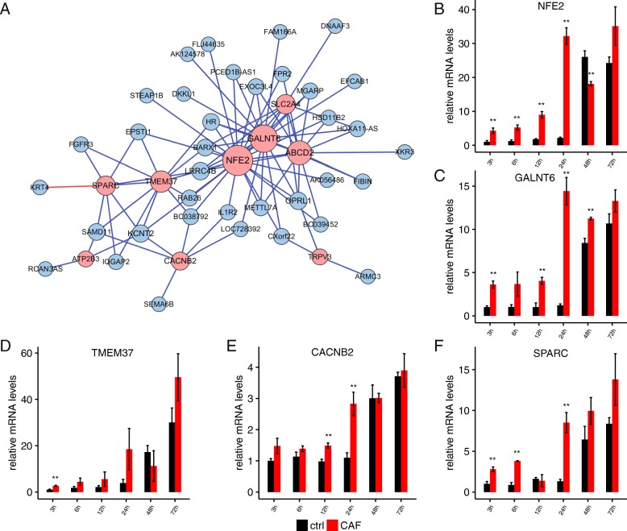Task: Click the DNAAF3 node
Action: pos(334,25)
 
